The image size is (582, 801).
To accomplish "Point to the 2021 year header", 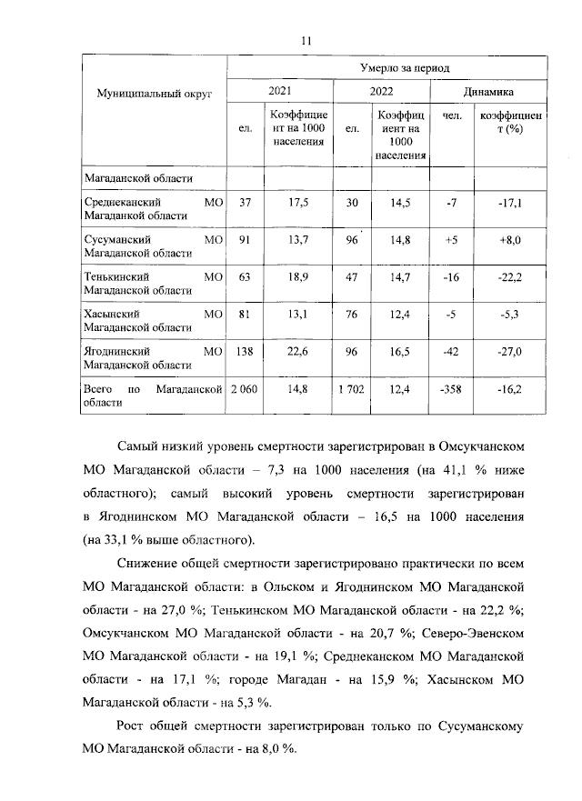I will (280, 93).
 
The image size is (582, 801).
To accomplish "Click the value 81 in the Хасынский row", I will (245, 314).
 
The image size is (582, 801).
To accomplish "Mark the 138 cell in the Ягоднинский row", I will (245, 351).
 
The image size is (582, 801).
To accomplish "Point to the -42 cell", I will (451, 351).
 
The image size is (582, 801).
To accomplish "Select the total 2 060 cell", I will (245, 389).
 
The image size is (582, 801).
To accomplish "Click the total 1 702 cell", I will (352, 389).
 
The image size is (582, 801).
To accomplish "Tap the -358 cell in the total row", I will (451, 389).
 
